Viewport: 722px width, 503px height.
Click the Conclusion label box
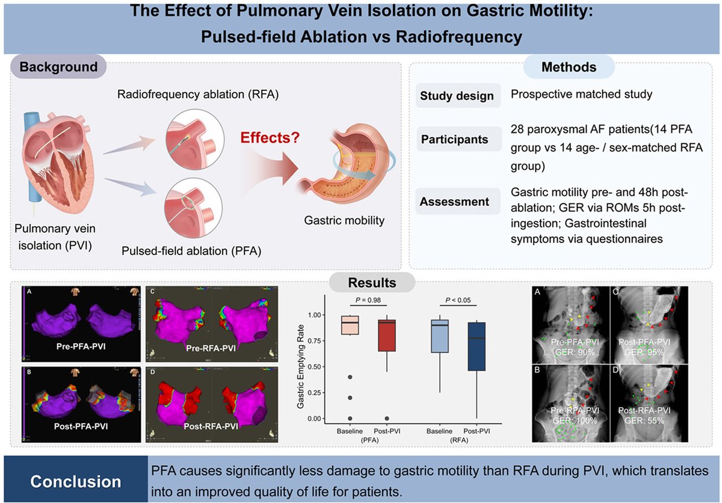(76, 482)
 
